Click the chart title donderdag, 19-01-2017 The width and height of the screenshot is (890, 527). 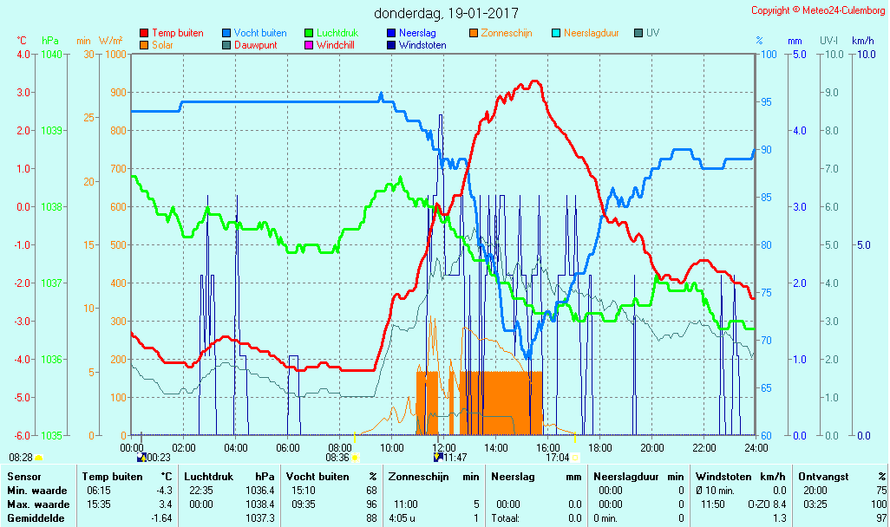tap(447, 13)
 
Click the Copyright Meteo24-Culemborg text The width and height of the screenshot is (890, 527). tap(819, 10)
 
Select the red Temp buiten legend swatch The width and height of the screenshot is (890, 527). tap(144, 33)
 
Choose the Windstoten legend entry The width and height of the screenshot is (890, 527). tap(422, 45)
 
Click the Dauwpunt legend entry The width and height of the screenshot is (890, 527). tap(256, 45)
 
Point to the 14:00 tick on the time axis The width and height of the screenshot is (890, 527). tap(495, 447)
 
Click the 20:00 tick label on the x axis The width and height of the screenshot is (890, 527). tap(651, 447)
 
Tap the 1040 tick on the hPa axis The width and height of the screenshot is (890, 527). tap(52, 54)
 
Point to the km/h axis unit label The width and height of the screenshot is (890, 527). tap(862, 41)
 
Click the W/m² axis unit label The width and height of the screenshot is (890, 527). tap(110, 41)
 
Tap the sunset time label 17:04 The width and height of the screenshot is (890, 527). tap(558, 458)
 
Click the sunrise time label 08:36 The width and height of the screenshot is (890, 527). tap(337, 458)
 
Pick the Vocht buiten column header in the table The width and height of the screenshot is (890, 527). tap(317, 476)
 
